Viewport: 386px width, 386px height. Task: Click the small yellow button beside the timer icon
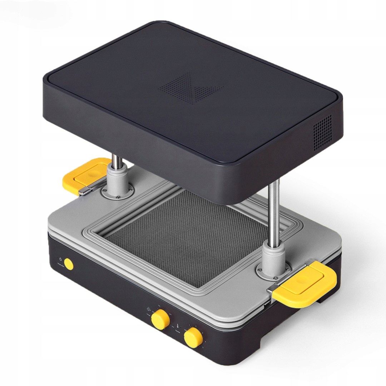(69, 264)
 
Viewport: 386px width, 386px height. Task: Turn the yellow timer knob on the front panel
(160, 319)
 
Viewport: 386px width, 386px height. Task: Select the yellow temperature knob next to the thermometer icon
(193, 336)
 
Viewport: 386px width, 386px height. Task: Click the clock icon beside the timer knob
(148, 309)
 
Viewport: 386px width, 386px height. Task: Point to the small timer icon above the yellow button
(61, 259)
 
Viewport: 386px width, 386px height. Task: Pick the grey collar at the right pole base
(273, 257)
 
